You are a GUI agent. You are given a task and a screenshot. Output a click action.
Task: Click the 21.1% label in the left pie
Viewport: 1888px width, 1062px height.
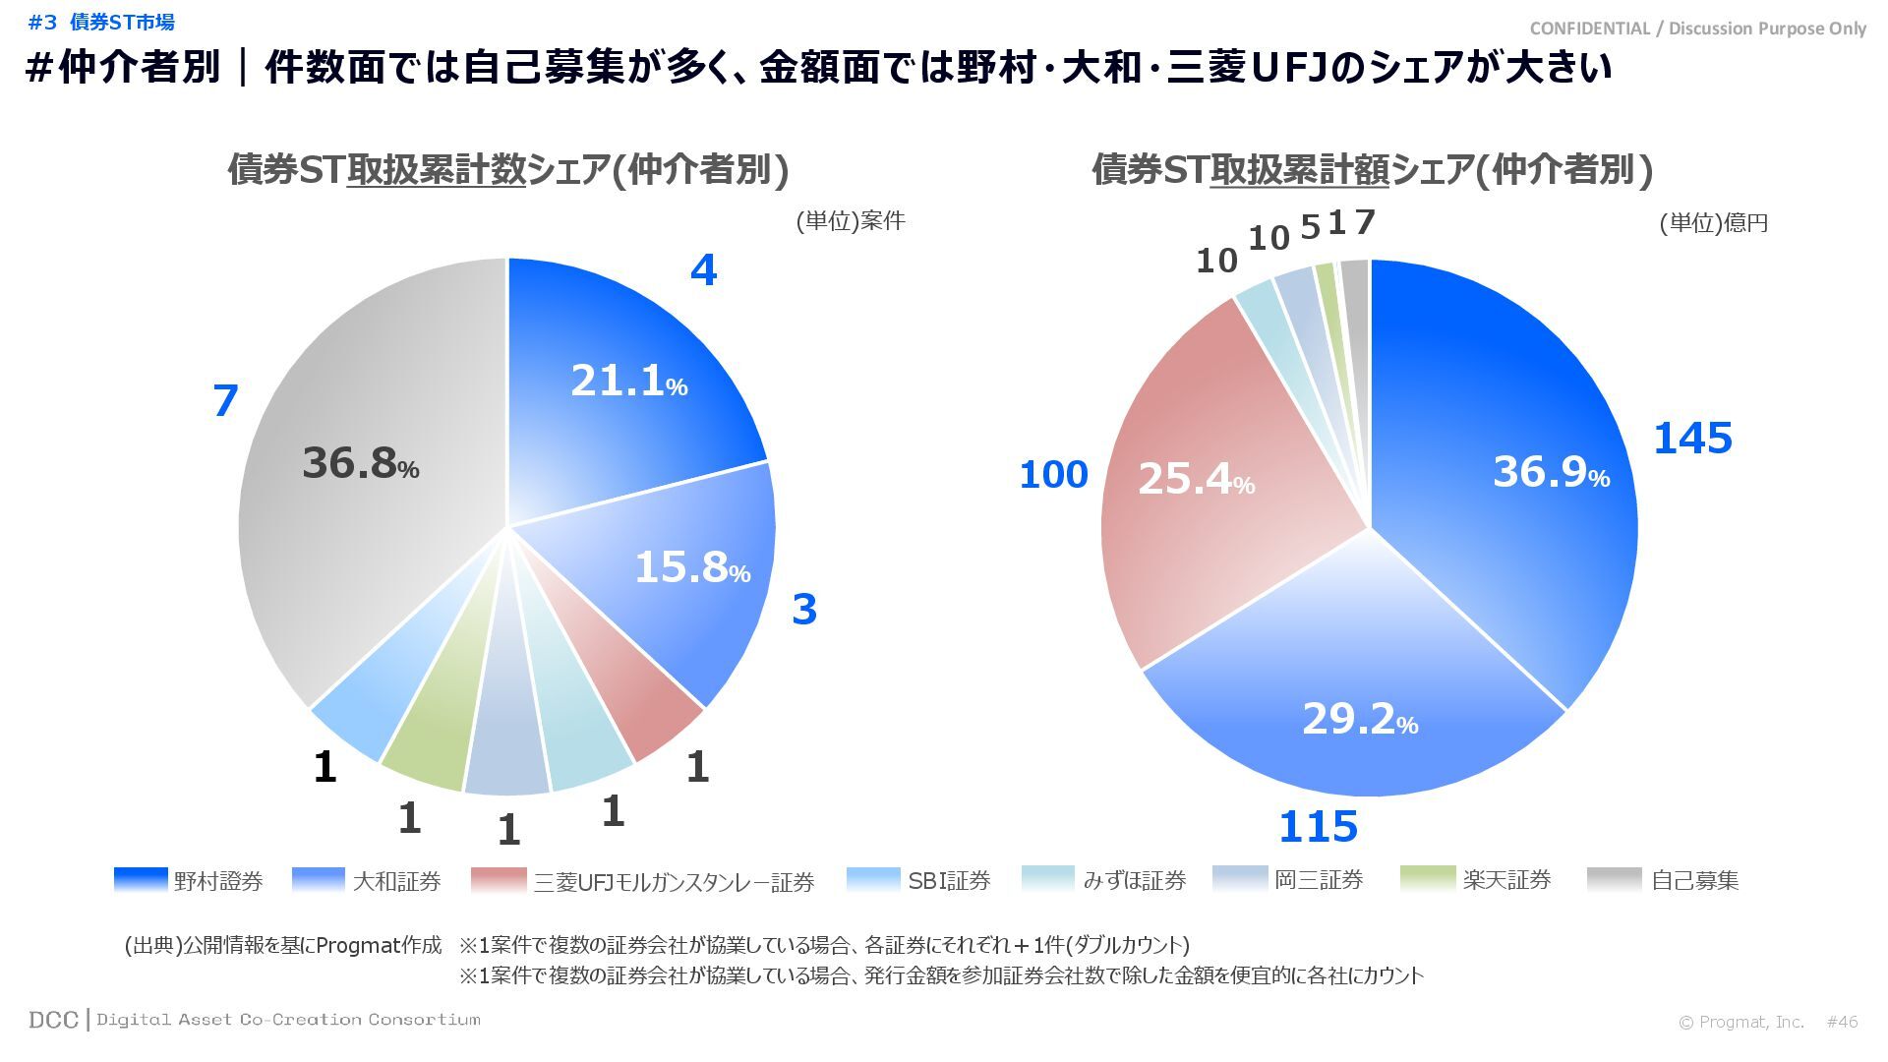(628, 381)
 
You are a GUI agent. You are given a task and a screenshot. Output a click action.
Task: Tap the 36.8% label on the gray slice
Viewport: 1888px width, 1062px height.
(360, 463)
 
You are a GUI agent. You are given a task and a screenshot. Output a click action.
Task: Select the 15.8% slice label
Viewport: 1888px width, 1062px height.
(691, 567)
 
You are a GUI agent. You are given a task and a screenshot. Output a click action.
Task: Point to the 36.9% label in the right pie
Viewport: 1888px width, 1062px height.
(1551, 472)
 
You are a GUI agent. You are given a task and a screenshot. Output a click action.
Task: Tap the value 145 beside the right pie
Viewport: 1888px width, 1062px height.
(1692, 439)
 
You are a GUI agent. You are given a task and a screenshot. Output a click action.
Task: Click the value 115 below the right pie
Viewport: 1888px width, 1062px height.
(1318, 827)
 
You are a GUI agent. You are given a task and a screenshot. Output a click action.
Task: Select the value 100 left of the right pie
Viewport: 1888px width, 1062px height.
(1053, 475)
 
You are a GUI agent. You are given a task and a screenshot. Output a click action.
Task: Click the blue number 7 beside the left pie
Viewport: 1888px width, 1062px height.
(225, 401)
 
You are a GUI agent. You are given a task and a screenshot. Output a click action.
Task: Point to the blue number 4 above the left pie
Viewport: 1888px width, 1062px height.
(703, 270)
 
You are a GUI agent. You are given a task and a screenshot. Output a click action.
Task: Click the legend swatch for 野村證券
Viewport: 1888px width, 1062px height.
(141, 879)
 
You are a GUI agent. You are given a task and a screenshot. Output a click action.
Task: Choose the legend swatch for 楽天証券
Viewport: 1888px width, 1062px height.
(1427, 879)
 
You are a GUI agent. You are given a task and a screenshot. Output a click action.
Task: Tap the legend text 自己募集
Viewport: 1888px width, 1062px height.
(1694, 880)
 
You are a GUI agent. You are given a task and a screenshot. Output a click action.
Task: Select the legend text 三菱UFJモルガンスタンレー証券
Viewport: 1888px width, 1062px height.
(674, 882)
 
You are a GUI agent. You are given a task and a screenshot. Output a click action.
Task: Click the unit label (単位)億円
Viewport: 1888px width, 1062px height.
(1714, 223)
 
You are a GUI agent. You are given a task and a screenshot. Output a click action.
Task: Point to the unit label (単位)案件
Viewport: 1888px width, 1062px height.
(850, 220)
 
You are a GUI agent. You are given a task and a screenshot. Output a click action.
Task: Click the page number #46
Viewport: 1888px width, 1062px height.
(1842, 1022)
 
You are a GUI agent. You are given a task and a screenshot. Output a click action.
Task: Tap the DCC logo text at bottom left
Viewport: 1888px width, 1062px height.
(53, 1020)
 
